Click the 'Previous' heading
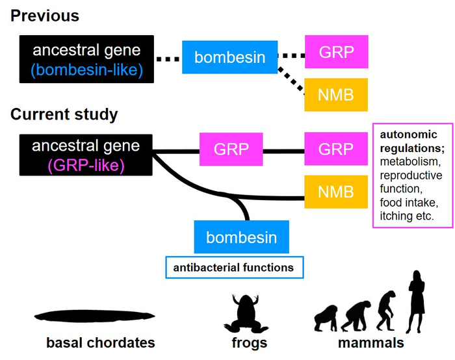(x=45, y=16)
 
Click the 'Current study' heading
(x=64, y=115)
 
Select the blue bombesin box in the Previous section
(x=229, y=58)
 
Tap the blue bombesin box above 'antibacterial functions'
(x=241, y=237)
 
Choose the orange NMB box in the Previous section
(x=335, y=95)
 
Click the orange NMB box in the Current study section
(x=335, y=191)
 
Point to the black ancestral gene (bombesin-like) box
(x=86, y=59)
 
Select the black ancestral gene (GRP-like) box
(x=86, y=157)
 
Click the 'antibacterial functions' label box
(x=233, y=267)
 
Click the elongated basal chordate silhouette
(x=98, y=316)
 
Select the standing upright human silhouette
(x=415, y=298)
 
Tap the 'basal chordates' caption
(x=100, y=342)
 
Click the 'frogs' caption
(x=249, y=342)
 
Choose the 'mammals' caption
(x=371, y=342)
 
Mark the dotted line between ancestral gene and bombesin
(x=168, y=59)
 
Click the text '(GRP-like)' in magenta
(x=86, y=166)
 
